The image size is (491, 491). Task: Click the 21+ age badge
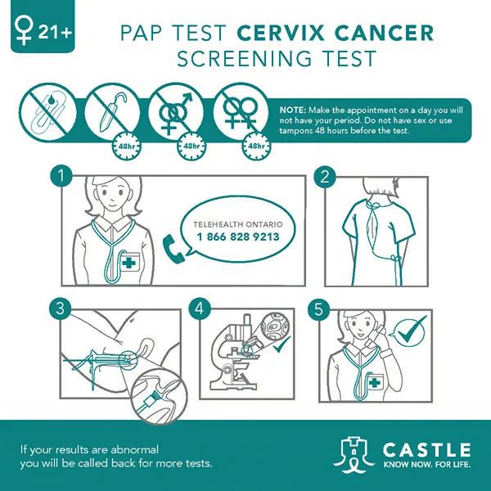click(x=43, y=26)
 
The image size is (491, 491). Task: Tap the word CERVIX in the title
click(x=280, y=33)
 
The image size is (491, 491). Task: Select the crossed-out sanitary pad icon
click(x=48, y=112)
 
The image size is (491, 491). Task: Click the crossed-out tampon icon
click(x=112, y=111)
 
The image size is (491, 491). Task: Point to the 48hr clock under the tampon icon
click(x=127, y=146)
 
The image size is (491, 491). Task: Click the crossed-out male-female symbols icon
click(x=176, y=111)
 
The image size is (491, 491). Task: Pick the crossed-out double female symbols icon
click(x=241, y=111)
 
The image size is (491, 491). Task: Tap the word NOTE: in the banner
click(x=292, y=110)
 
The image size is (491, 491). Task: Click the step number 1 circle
click(x=61, y=176)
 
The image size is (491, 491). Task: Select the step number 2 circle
click(x=325, y=178)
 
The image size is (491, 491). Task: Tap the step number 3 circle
click(x=61, y=309)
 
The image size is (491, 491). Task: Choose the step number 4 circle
click(x=200, y=309)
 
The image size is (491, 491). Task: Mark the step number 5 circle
click(x=319, y=309)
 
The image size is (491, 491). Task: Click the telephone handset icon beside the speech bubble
click(x=173, y=248)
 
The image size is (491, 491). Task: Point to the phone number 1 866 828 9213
click(x=238, y=236)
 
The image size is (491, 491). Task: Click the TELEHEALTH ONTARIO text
click(x=238, y=224)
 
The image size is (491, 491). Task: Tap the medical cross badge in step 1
click(x=128, y=262)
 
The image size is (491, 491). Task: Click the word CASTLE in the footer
click(x=426, y=450)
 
